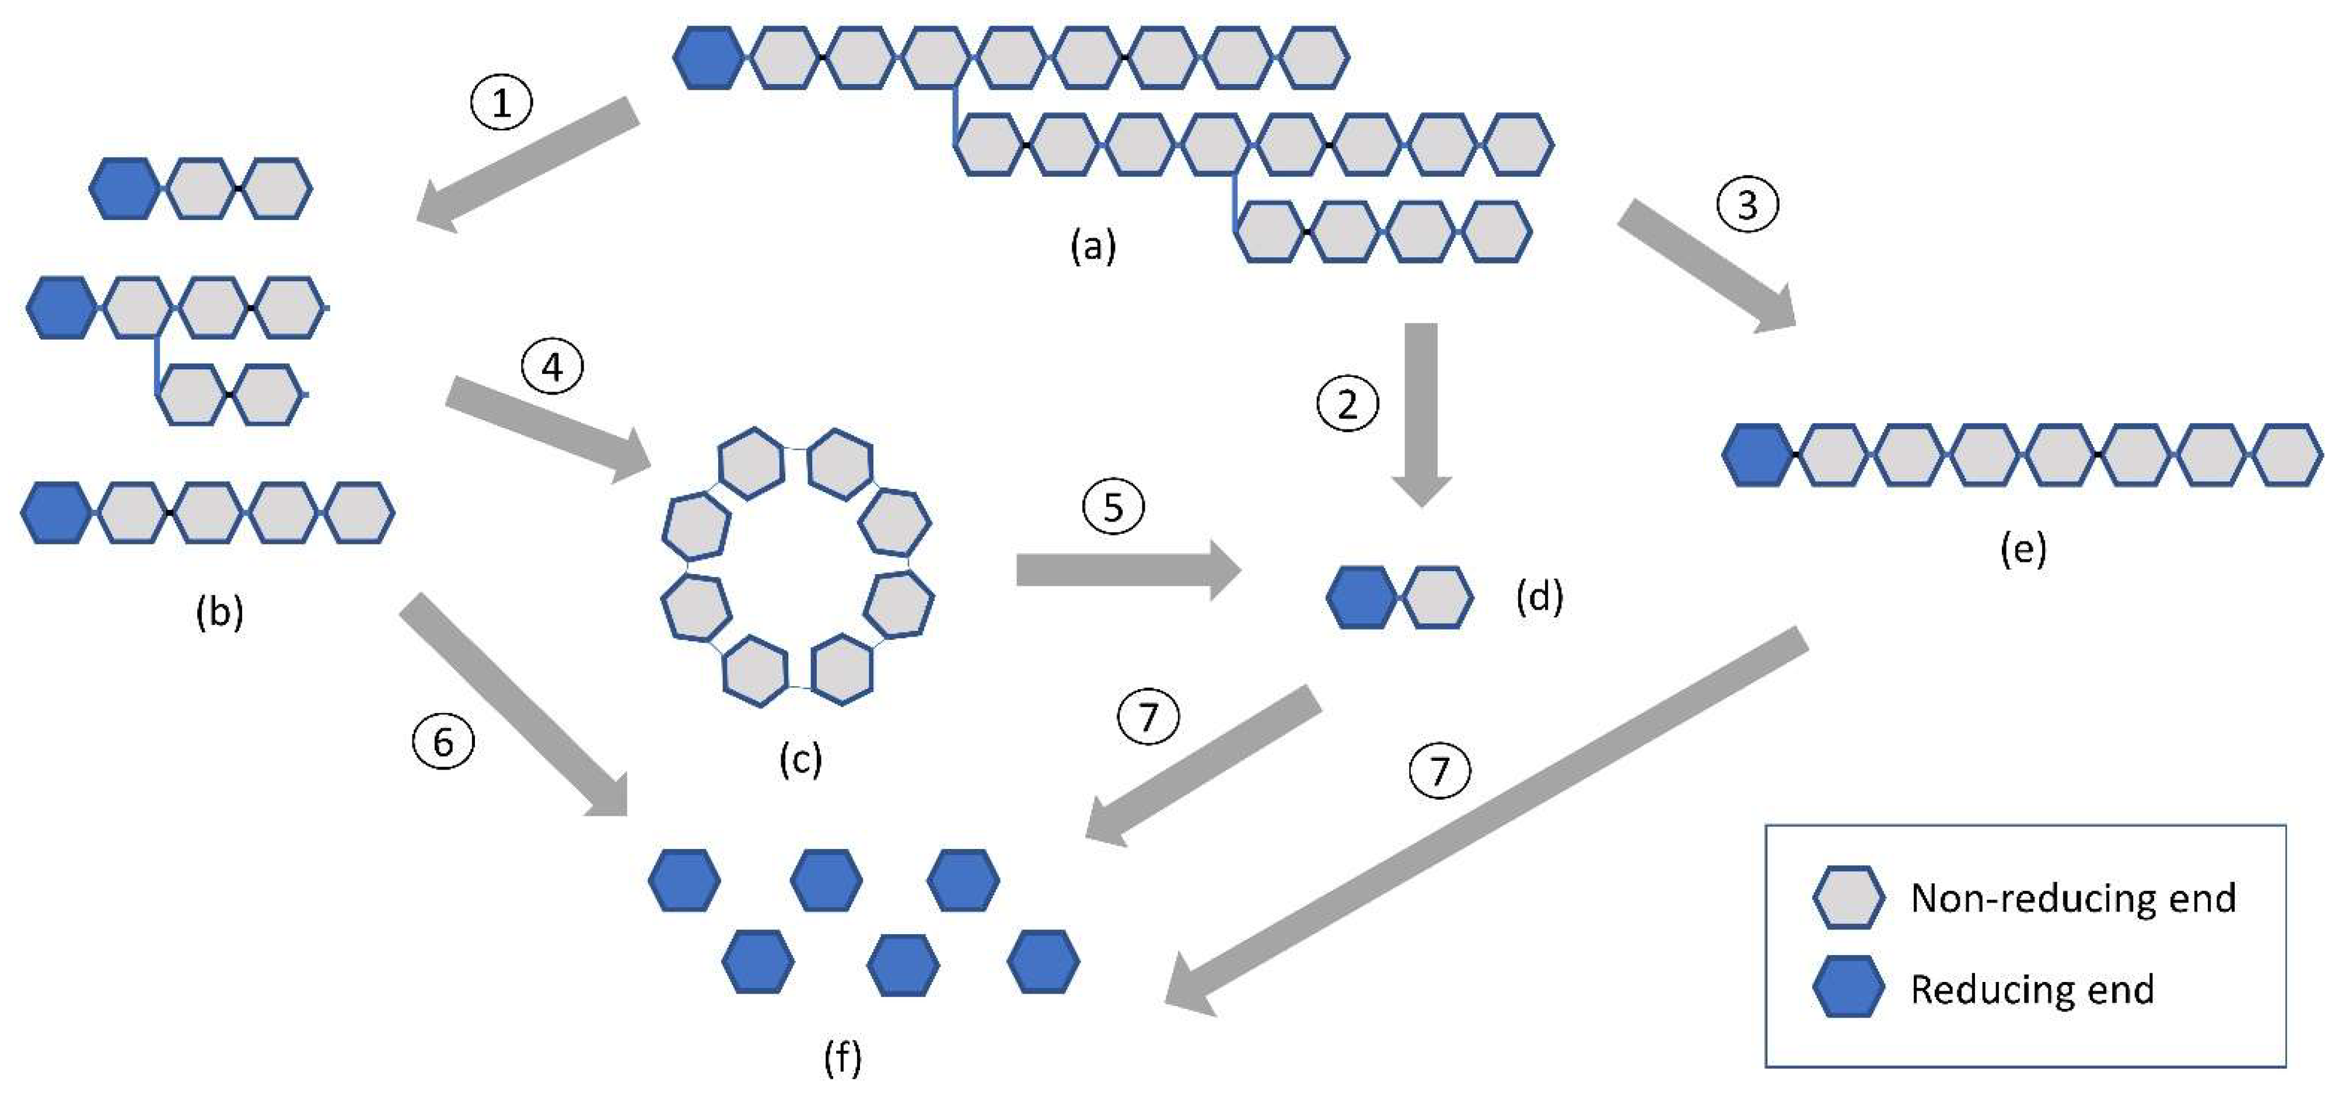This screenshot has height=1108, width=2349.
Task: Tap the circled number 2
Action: (x=1347, y=404)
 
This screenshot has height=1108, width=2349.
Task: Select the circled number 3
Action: (x=1747, y=204)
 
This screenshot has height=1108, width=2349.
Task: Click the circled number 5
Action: (x=1113, y=507)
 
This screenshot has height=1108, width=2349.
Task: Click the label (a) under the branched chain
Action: (x=1092, y=246)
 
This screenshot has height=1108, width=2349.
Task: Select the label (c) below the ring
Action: (x=800, y=759)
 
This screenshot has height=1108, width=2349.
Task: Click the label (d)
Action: (x=1539, y=597)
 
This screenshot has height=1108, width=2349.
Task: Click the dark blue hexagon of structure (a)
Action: (x=708, y=57)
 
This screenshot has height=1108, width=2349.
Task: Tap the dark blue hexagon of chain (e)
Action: (x=1757, y=454)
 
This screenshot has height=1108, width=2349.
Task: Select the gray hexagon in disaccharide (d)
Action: (x=1437, y=597)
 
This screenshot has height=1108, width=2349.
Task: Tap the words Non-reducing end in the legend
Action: (x=2072, y=899)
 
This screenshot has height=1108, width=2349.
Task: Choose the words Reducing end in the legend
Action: (x=2032, y=990)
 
